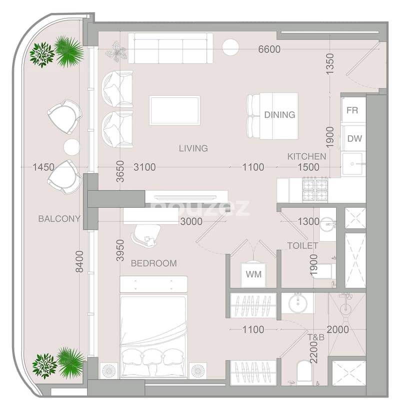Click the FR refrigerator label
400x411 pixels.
[x=352, y=110]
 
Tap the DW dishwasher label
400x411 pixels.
[x=354, y=138]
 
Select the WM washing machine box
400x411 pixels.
[x=253, y=274]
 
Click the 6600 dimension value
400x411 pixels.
[x=269, y=49]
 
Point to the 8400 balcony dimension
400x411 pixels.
[x=79, y=261]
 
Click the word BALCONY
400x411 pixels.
[x=59, y=219]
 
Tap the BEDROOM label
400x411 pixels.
[x=154, y=263]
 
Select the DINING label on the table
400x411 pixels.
[x=279, y=114]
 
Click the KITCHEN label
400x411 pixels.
[x=306, y=156]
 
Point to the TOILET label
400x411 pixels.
[x=302, y=246]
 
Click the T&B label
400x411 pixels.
[x=315, y=337]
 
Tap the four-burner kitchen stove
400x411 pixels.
[x=315, y=191]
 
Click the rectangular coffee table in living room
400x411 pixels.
[x=175, y=110]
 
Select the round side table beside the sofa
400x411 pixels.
[x=230, y=47]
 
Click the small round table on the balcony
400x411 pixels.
[x=72, y=147]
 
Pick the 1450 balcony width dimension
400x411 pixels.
[x=43, y=167]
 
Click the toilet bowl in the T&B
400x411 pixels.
[x=304, y=372]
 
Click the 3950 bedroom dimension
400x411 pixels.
[x=120, y=250]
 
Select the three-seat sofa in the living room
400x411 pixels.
[x=170, y=48]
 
